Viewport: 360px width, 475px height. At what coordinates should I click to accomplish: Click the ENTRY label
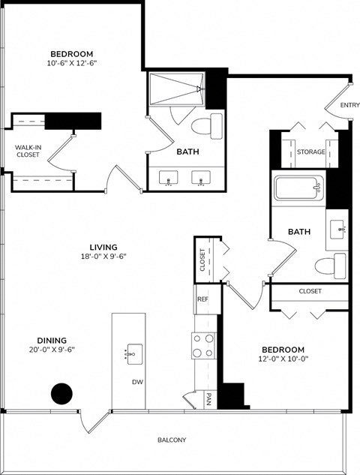tap(349, 105)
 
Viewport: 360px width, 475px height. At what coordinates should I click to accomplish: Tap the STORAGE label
tap(310, 152)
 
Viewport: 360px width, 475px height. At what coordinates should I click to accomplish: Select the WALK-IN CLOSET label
tap(27, 152)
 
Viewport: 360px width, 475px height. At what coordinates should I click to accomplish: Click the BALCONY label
tap(172, 440)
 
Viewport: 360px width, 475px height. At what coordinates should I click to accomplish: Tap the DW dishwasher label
tap(137, 382)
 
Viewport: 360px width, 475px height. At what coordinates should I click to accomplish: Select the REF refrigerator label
tap(202, 298)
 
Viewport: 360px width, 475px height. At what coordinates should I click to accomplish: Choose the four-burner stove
tap(203, 345)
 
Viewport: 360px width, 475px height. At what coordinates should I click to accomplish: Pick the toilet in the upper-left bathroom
tap(209, 125)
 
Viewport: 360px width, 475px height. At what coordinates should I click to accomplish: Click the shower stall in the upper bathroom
tap(175, 89)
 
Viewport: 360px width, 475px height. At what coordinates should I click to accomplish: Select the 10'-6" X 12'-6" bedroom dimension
tap(72, 63)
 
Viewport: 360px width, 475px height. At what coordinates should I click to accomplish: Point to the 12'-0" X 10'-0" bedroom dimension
tap(283, 359)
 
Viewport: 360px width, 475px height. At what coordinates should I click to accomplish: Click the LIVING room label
tap(103, 246)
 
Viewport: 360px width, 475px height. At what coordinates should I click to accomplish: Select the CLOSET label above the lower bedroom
tap(310, 291)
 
